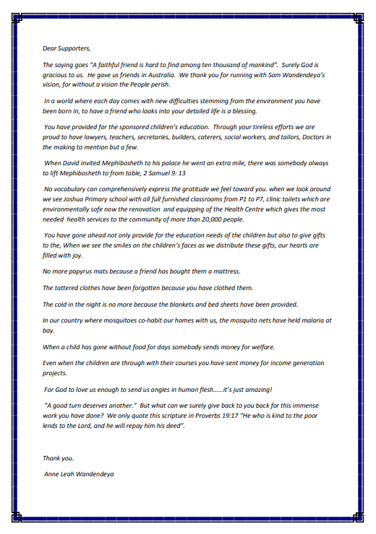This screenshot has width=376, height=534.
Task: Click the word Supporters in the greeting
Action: (74, 48)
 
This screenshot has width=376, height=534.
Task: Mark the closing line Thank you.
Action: (58, 458)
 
